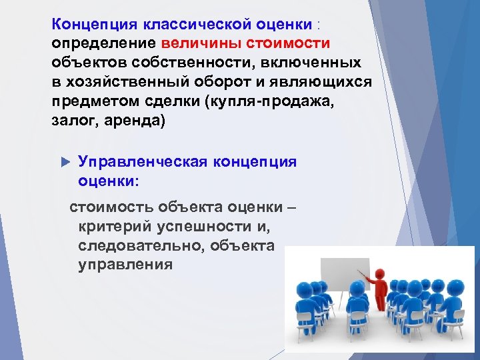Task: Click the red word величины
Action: pos(201,43)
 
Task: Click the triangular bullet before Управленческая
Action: pos(65,161)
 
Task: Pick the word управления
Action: pos(125,264)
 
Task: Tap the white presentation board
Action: pos(343,280)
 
